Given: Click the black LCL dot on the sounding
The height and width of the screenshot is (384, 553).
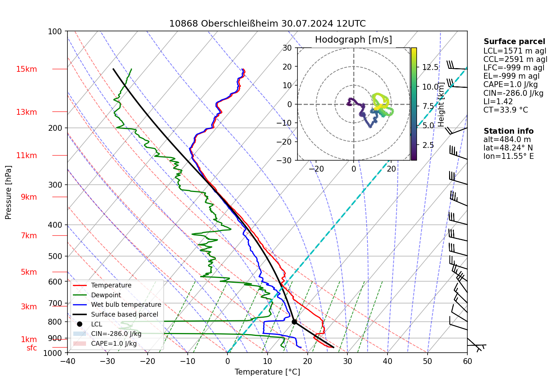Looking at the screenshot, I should tap(294, 322).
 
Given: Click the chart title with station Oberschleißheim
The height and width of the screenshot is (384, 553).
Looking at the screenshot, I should tap(267, 24).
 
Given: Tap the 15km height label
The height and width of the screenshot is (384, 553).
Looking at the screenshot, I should tap(26, 69).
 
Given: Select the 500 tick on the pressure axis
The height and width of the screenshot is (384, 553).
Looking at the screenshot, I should tap(55, 256).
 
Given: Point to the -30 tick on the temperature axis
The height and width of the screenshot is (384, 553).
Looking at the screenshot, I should tap(107, 361).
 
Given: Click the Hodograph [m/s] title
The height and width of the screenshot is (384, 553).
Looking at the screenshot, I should tap(353, 40).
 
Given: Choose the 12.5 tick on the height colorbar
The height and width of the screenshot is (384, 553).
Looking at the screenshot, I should tap(430, 67).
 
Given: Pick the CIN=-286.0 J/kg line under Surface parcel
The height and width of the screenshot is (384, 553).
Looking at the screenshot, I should tap(513, 93).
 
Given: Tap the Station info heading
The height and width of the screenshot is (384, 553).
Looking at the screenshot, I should tap(509, 131).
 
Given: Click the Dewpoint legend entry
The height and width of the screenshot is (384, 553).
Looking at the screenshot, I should tap(106, 295).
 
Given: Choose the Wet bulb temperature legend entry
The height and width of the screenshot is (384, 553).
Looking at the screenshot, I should tap(126, 305).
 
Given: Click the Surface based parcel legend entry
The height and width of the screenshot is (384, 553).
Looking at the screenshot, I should tap(124, 314).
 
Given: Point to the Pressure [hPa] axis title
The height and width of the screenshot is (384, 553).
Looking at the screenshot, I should tap(8, 192).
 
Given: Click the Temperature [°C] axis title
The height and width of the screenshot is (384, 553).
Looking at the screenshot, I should tap(267, 372).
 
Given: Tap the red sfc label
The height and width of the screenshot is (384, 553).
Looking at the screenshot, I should tap(32, 348).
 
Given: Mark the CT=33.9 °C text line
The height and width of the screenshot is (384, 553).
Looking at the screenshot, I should tap(505, 110).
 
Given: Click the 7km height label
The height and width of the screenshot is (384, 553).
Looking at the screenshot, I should tap(29, 236).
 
